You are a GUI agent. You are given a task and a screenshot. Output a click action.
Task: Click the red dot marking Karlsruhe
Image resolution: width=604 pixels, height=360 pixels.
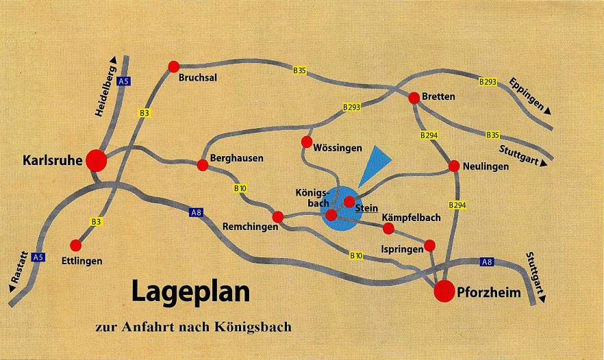(97, 160)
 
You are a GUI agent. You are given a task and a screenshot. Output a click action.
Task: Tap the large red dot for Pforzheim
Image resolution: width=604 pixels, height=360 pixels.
(444, 291)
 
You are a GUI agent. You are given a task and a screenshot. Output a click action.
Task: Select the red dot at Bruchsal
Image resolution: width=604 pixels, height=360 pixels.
(173, 66)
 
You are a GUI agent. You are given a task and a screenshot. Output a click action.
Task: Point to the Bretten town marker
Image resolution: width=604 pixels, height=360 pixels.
(414, 98)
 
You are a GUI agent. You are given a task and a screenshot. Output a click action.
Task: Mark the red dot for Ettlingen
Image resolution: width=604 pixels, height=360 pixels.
(76, 245)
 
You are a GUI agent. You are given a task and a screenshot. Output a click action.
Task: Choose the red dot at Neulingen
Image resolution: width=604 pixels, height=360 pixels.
(454, 166)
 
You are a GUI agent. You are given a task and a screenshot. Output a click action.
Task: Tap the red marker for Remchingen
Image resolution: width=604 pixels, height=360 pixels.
(277, 217)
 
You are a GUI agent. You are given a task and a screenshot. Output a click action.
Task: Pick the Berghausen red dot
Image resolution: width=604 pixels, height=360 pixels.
(203, 165)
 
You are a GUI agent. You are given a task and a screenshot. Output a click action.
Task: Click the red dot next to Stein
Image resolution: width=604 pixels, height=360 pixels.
(349, 201)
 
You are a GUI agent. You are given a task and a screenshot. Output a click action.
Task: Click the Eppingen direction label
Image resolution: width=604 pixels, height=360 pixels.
(529, 95)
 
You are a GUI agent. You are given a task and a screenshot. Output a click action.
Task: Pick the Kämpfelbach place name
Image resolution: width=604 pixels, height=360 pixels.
(411, 218)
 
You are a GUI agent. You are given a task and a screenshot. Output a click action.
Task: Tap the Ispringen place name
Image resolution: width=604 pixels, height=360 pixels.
(401, 250)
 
